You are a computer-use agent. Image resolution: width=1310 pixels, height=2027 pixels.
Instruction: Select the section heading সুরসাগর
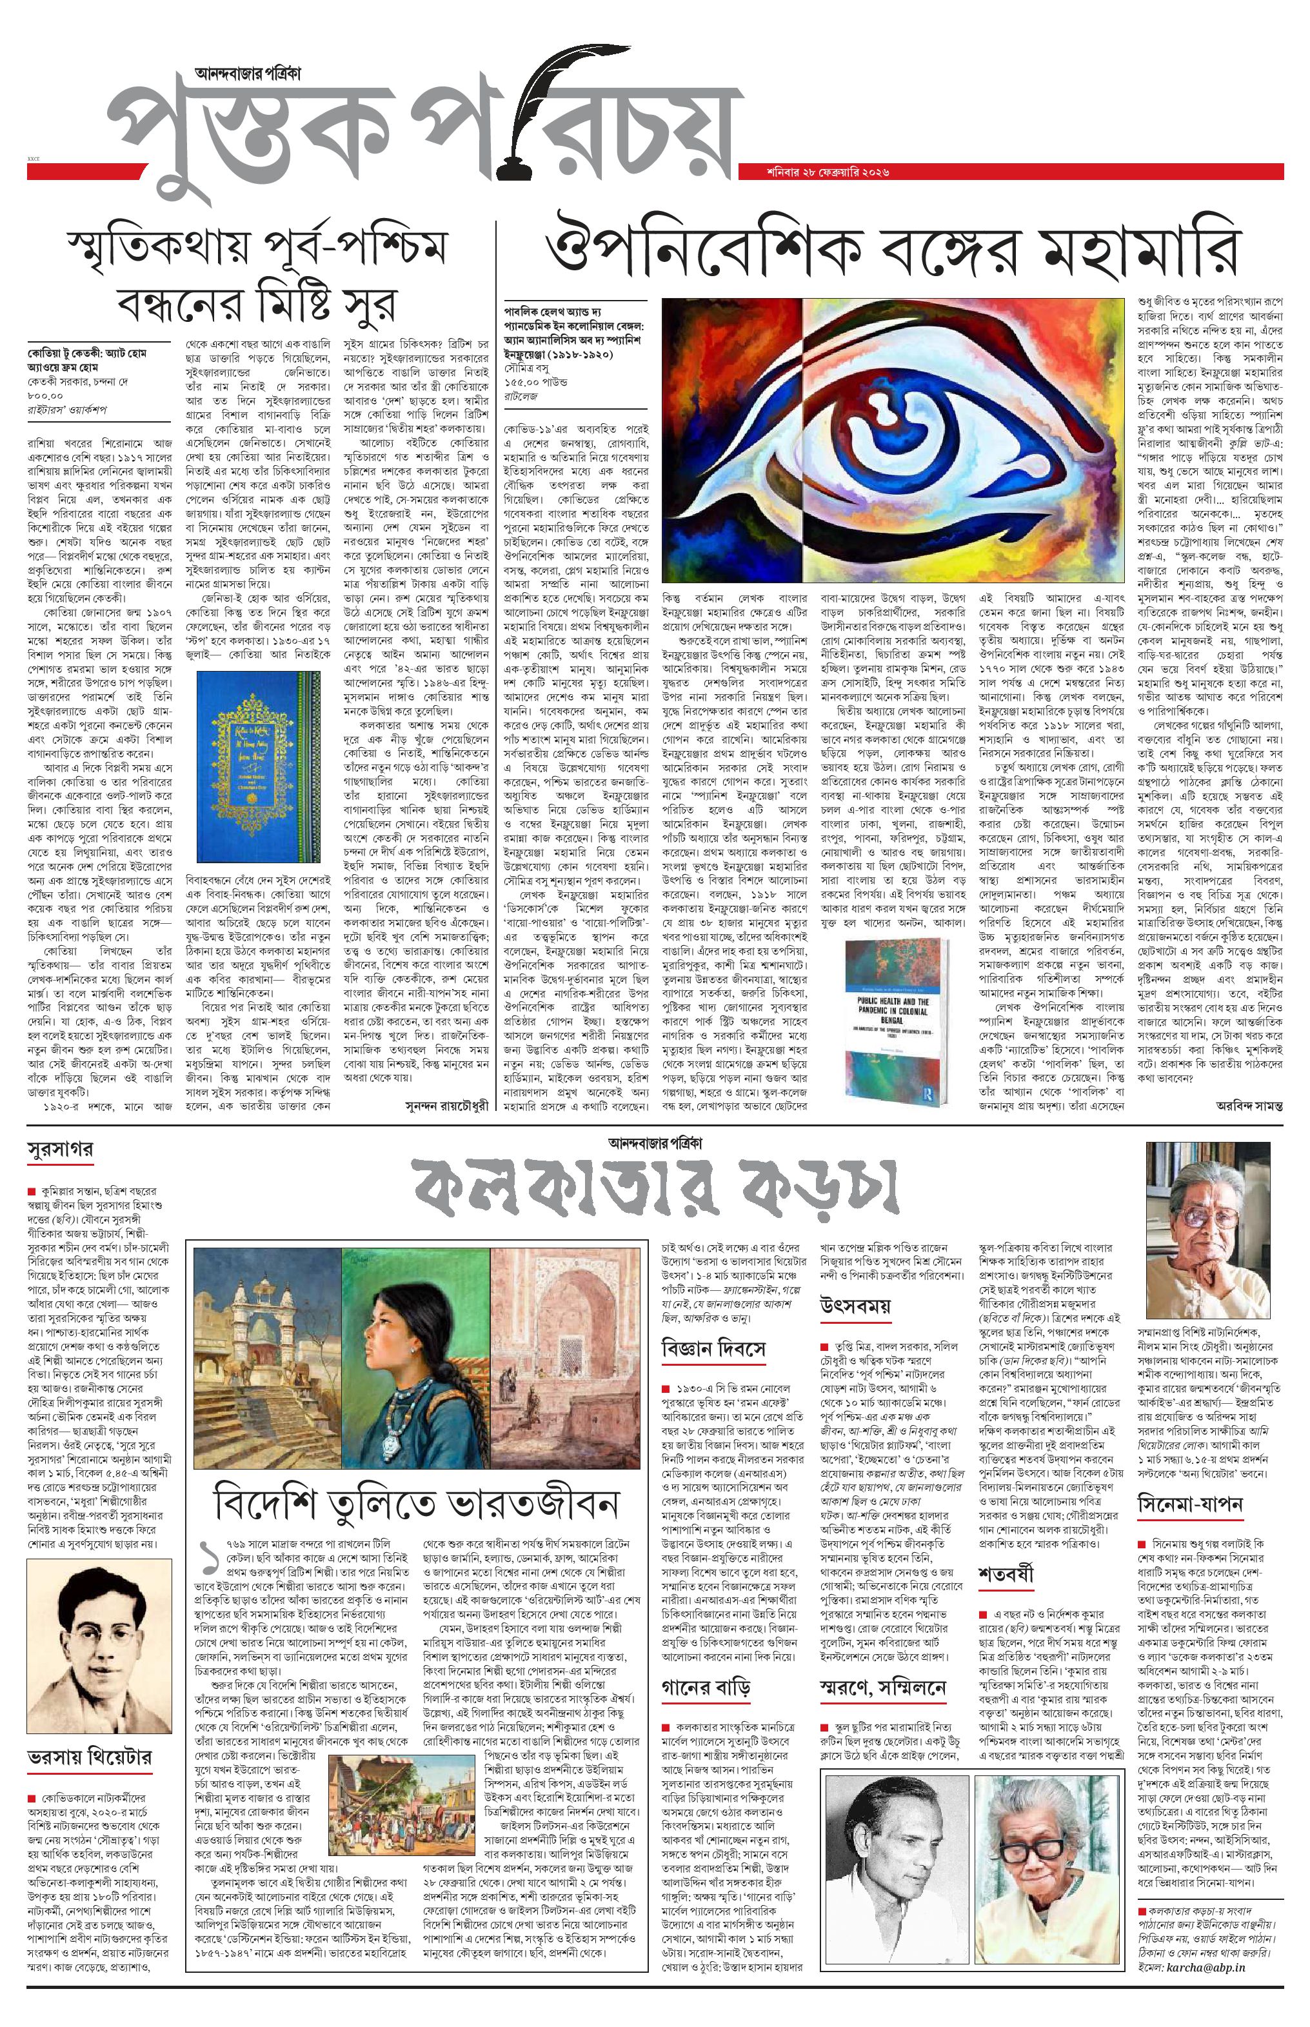[59, 1148]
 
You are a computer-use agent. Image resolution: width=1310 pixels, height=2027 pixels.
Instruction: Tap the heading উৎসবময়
[855, 1306]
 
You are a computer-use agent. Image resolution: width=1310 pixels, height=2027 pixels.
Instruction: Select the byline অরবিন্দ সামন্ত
[1248, 1106]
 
